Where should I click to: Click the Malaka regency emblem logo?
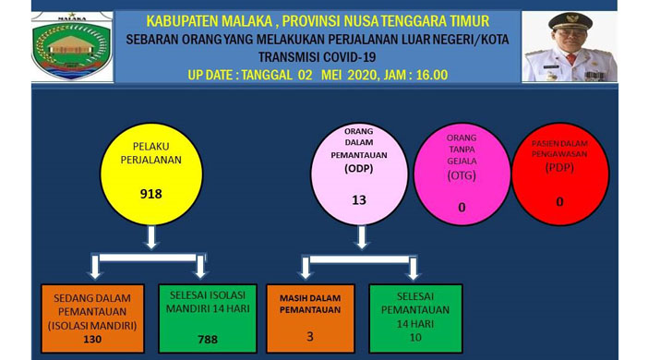[x=72, y=47]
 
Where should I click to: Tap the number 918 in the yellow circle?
[x=150, y=195]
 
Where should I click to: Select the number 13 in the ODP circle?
[x=359, y=200]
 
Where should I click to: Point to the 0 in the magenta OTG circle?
[x=462, y=208]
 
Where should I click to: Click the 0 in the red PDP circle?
[x=559, y=200]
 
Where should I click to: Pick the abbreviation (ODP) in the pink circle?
[x=359, y=169]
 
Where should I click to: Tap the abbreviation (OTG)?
[x=462, y=175]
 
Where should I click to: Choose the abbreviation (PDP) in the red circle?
[x=559, y=168]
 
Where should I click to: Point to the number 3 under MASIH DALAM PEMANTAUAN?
[x=310, y=337]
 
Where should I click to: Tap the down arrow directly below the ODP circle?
[x=361, y=239]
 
